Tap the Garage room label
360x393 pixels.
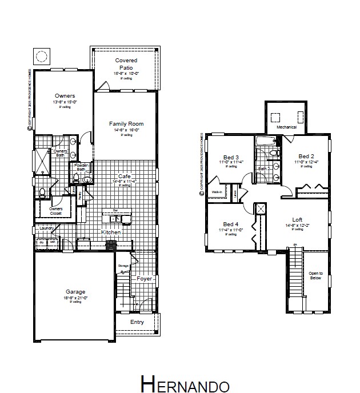[75, 292]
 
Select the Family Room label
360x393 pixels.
[126, 123]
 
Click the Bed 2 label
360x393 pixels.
[306, 157]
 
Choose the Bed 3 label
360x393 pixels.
[231, 157]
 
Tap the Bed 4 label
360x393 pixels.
[231, 224]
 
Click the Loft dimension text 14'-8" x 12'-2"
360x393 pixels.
[297, 225]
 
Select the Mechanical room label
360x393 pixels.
[287, 127]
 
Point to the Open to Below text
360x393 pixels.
[316, 275]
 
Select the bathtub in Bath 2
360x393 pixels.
[266, 141]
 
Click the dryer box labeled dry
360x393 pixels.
[42, 242]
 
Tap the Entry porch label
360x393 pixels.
[137, 322]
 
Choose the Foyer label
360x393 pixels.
[145, 279]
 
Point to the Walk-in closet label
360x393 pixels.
[217, 192]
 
